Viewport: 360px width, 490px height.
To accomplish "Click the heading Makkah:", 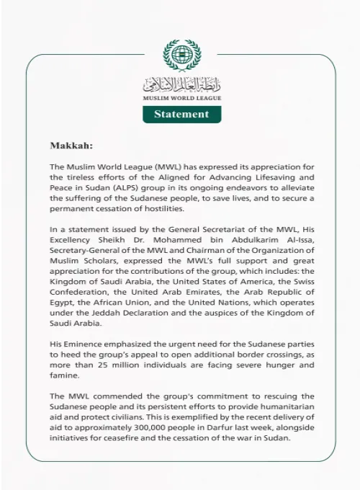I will [x=71, y=146].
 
